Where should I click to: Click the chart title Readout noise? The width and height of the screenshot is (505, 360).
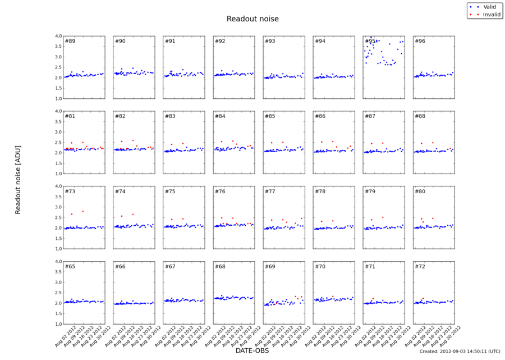[252, 19]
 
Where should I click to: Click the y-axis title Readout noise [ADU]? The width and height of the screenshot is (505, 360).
[18, 177]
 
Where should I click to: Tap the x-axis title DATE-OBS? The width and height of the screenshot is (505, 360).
[252, 351]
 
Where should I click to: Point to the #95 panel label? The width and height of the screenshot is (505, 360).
[370, 41]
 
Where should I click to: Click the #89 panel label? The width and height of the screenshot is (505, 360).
[70, 41]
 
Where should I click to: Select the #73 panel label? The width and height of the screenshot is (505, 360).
[70, 192]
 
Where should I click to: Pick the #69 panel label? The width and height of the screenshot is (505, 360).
[270, 266]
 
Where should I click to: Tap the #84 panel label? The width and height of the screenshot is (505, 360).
[220, 116]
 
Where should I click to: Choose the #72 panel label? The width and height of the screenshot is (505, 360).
[420, 266]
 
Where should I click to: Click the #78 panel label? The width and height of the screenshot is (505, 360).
[320, 192]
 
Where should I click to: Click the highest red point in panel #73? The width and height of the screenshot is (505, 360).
[83, 211]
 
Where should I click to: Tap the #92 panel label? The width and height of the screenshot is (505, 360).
[220, 41]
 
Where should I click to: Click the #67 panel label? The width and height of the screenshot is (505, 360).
[170, 266]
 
